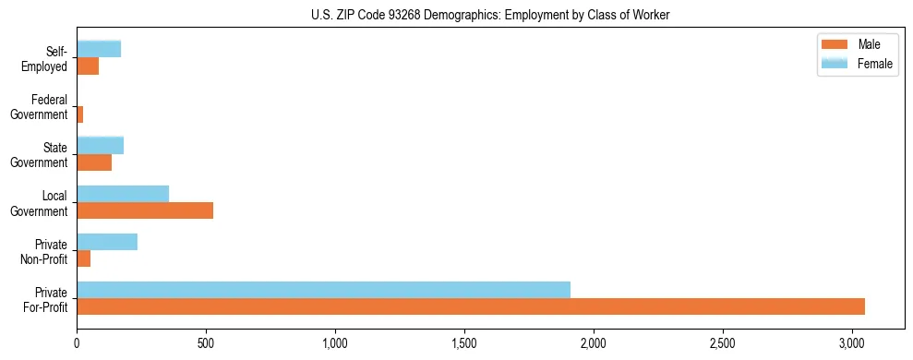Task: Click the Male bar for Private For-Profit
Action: [x=471, y=306]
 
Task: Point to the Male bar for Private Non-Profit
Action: [x=84, y=258]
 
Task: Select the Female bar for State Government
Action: [x=101, y=145]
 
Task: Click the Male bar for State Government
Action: [x=94, y=162]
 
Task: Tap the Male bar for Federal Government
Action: [x=80, y=114]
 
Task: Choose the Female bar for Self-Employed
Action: [x=99, y=49]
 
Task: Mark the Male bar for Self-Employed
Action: [x=88, y=66]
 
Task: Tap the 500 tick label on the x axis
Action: [x=206, y=343]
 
